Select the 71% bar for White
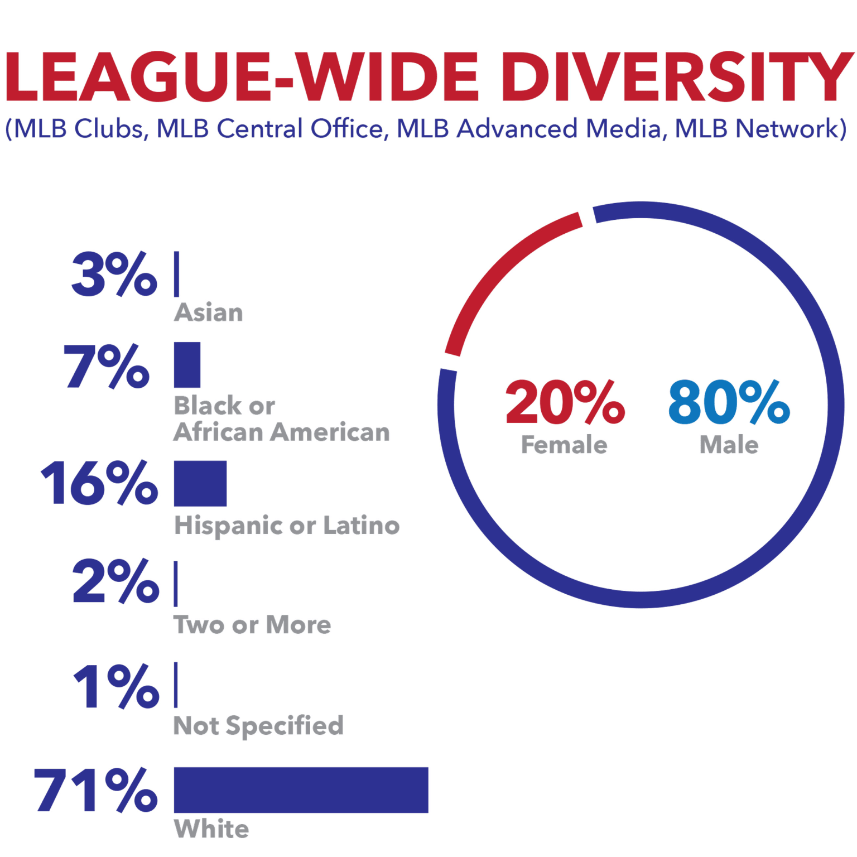point(301,789)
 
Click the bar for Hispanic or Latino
point(200,483)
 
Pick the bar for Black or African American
point(187,365)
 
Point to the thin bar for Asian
point(176,274)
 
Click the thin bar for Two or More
point(176,584)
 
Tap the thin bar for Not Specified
point(176,685)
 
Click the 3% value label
point(114,274)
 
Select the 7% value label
point(106,366)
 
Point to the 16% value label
point(99,483)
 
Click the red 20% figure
point(564,402)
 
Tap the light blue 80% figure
point(729,402)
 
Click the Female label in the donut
point(564,445)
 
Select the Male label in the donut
point(729,445)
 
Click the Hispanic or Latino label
point(287,526)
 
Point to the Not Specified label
point(258,726)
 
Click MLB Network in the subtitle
point(760,129)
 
